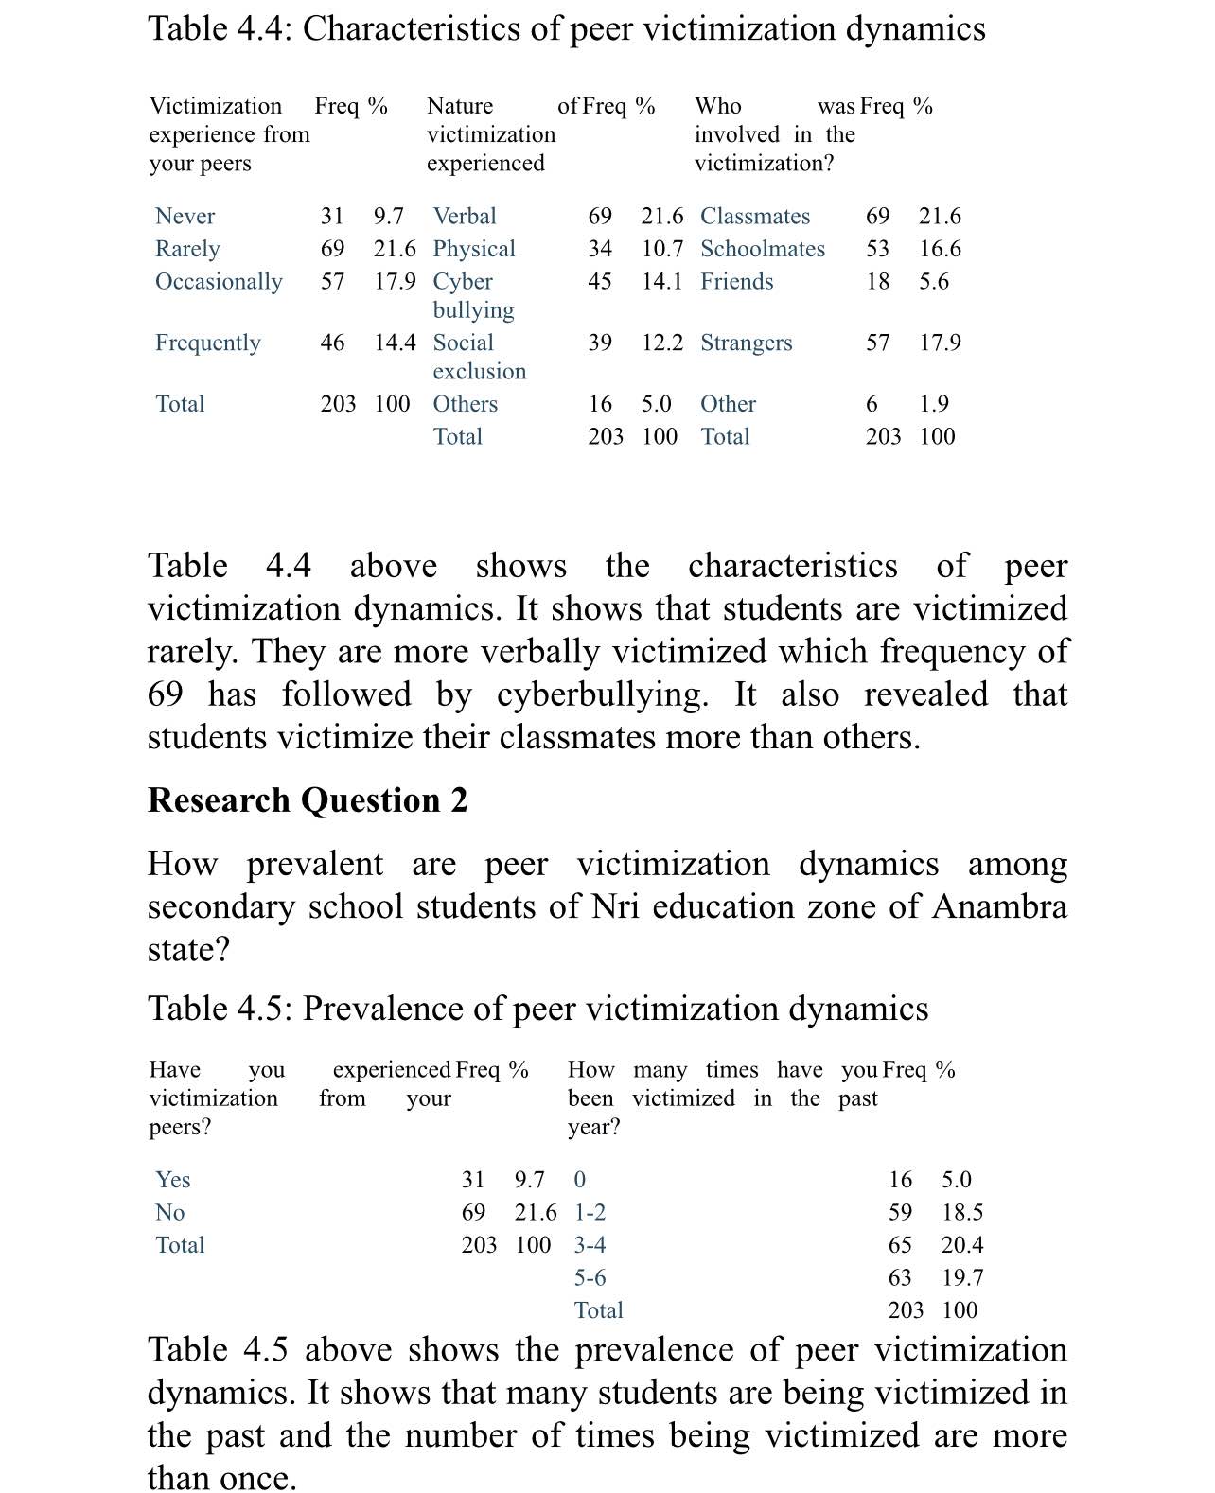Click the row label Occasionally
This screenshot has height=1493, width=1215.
(219, 282)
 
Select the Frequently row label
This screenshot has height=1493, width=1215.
(208, 343)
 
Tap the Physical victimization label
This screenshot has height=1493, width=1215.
(474, 249)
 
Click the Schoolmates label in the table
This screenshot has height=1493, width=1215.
(763, 249)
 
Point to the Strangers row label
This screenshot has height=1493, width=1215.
(747, 343)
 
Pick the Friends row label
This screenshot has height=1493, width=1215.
(737, 282)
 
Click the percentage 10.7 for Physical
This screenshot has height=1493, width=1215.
(661, 249)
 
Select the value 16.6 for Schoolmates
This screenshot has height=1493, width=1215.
(940, 249)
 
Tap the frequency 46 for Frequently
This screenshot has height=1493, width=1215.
(332, 343)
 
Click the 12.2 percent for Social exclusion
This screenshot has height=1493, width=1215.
(661, 343)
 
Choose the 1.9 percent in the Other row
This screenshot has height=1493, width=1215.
(934, 404)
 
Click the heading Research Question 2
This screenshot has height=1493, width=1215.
(308, 800)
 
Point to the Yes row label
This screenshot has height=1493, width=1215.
(173, 1180)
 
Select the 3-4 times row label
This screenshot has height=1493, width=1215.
(590, 1245)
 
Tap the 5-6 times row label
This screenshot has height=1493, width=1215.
(590, 1278)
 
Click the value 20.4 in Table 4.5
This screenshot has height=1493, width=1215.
(962, 1245)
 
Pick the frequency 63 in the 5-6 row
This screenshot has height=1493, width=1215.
(900, 1278)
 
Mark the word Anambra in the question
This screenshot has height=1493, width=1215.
(999, 906)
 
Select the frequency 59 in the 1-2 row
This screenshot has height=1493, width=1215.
(900, 1213)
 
